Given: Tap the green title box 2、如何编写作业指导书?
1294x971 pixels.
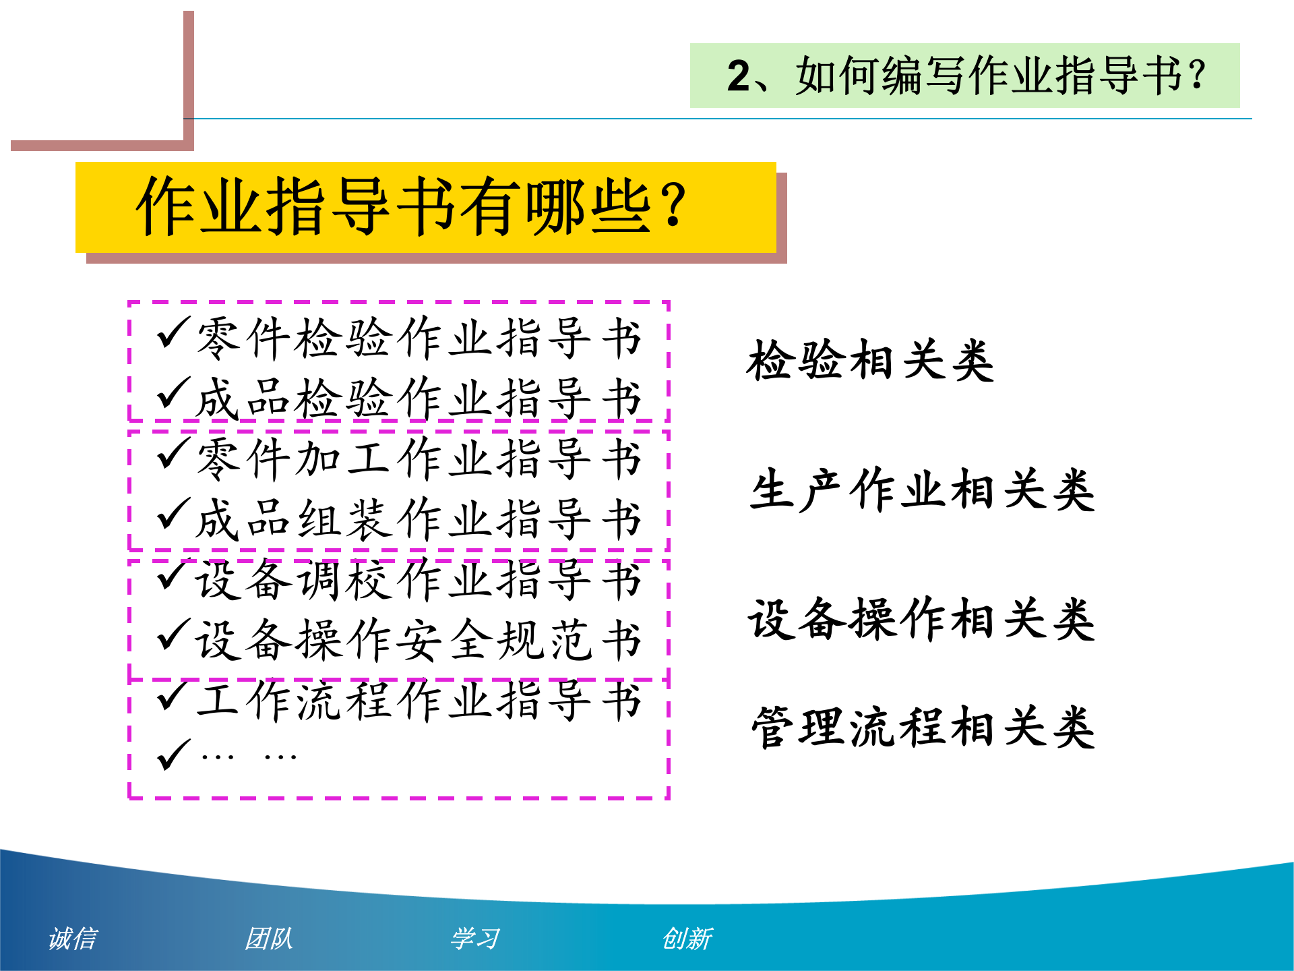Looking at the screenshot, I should (964, 76).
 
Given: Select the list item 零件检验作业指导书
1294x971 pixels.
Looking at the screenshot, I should (418, 338).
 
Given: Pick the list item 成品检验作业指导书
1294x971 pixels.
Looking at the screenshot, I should (418, 399).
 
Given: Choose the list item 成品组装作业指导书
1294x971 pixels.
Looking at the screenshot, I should (418, 519).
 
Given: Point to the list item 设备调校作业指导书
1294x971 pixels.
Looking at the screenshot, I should (418, 580).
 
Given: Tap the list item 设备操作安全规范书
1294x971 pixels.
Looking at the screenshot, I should (418, 640).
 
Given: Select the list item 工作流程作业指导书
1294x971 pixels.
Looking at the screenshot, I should (418, 701).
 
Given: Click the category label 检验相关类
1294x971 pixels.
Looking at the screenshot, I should (870, 361).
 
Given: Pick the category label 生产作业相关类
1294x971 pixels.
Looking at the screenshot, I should (922, 490).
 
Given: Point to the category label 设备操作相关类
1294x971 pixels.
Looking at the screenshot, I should (922, 618).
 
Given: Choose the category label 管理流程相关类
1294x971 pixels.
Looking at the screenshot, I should (922, 728).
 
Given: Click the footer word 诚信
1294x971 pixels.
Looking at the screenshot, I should (73, 938).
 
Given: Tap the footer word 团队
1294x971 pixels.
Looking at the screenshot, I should (269, 938).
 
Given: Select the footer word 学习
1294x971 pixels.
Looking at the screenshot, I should (475, 938).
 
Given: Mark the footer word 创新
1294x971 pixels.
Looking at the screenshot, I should (687, 938).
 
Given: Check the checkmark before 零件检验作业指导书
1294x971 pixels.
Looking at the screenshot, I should (173, 333).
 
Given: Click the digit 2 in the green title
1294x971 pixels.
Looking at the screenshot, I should (739, 76).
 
